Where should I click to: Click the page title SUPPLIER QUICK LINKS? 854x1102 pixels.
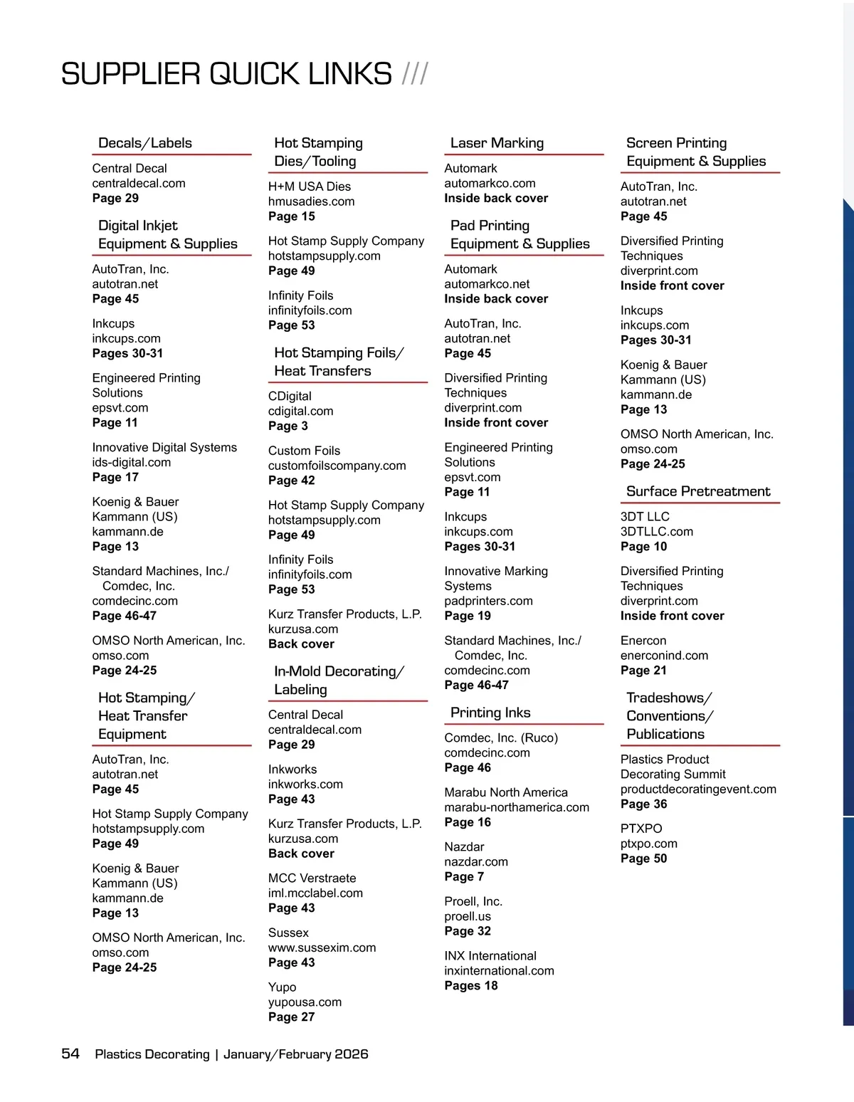pos(226,74)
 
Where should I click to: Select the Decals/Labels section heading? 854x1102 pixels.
pos(145,143)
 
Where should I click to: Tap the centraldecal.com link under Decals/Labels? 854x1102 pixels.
pos(139,183)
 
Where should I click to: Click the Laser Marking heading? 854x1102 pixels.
pos(497,143)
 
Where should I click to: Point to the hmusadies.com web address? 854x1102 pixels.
pos(311,201)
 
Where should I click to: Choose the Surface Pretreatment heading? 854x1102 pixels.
pos(698,491)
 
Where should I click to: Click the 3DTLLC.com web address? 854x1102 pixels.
pos(656,531)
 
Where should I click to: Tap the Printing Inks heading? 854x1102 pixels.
pos(490,713)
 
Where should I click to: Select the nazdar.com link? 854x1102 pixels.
pos(476,861)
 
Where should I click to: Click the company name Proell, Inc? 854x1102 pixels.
pos(473,901)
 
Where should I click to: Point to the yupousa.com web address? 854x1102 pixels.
pos(305,1002)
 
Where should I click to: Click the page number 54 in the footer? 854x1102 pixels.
pos(70,1054)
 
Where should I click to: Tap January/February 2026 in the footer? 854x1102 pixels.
pos(295,1054)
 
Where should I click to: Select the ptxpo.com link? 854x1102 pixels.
pos(648,844)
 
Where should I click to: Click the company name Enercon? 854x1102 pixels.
pos(643,641)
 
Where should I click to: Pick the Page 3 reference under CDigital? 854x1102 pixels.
pos(288,426)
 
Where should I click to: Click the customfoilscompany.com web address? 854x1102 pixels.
pos(337,466)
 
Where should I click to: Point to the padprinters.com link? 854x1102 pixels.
pos(488,601)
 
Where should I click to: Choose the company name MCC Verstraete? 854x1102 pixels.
pos(312,878)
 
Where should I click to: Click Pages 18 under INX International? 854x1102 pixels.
pos(470,985)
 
